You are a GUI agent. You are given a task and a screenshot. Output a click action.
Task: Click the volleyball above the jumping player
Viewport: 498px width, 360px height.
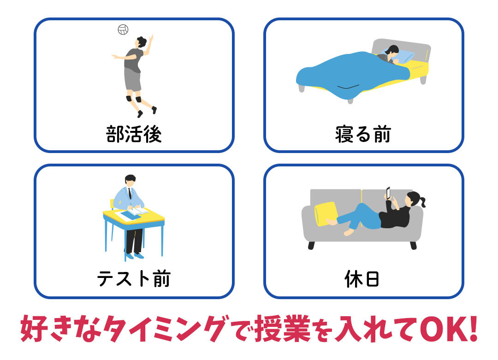[x=123, y=30]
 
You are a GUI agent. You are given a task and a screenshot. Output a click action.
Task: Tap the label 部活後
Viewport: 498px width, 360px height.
[x=134, y=134]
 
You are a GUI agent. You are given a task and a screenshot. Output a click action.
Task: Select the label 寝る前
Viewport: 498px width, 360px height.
[x=363, y=134]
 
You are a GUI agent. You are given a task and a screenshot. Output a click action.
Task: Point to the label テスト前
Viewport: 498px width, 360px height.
[x=134, y=279]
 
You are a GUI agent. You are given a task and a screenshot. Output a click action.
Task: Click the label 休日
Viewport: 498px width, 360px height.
[x=362, y=279]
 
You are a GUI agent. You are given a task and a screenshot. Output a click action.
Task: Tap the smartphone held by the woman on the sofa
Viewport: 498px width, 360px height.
[x=388, y=193]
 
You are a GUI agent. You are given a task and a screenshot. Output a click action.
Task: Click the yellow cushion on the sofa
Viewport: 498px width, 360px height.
[x=326, y=214]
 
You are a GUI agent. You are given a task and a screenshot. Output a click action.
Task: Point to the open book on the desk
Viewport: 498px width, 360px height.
[x=138, y=211]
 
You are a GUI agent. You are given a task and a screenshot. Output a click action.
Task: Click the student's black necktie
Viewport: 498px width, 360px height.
[x=130, y=193]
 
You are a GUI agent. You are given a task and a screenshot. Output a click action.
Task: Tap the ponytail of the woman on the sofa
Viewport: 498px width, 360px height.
[x=422, y=201]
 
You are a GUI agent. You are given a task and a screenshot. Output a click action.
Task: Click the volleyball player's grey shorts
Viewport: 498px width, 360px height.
[x=132, y=79]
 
